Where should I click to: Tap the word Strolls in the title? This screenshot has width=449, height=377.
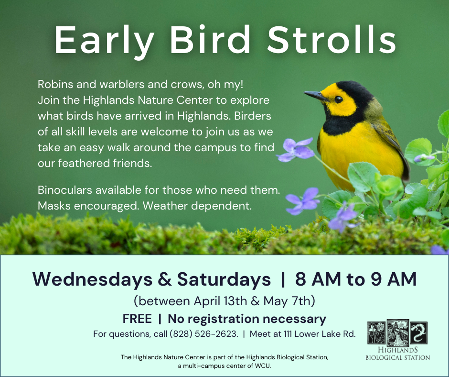click(331, 40)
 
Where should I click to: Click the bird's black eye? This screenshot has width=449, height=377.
click(338, 99)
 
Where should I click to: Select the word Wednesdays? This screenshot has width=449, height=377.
click(93, 279)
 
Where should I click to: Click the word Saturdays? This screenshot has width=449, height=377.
click(224, 279)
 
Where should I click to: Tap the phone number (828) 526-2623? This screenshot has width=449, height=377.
click(203, 334)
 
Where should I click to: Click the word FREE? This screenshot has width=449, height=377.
click(137, 319)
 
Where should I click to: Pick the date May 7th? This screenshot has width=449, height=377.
click(287, 301)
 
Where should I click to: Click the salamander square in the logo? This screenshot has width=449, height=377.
click(418, 333)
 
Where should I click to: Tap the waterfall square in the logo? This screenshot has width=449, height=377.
click(398, 333)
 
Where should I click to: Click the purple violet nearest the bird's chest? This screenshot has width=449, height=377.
click(296, 149)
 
